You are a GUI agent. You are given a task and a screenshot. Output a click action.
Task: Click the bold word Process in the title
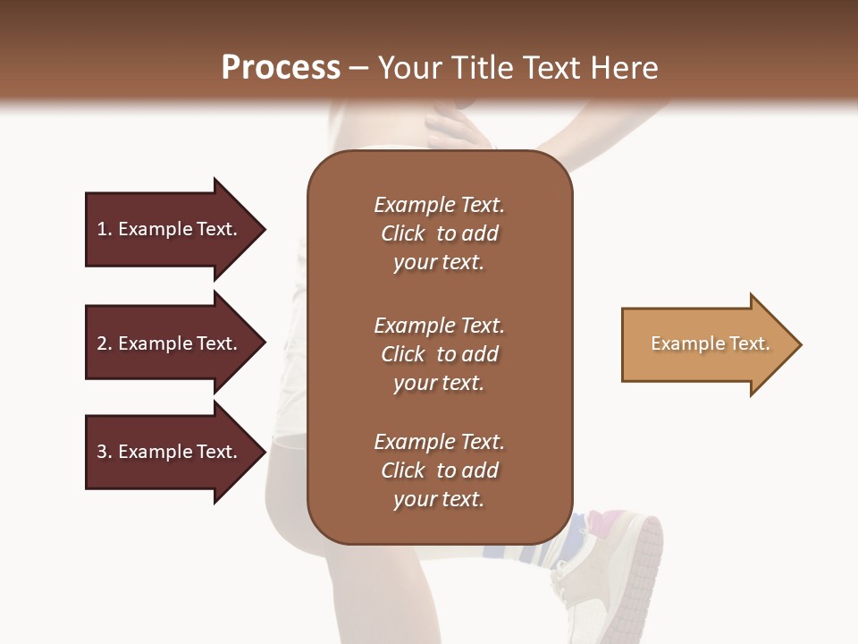tap(281, 68)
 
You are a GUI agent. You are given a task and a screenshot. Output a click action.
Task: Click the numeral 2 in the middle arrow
tap(102, 343)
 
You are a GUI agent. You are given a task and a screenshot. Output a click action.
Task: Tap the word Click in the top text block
tap(403, 233)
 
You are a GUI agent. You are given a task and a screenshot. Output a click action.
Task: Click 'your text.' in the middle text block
tap(439, 383)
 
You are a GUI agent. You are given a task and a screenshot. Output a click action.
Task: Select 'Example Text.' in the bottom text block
tap(439, 442)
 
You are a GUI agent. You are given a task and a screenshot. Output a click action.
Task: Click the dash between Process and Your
tap(358, 69)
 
